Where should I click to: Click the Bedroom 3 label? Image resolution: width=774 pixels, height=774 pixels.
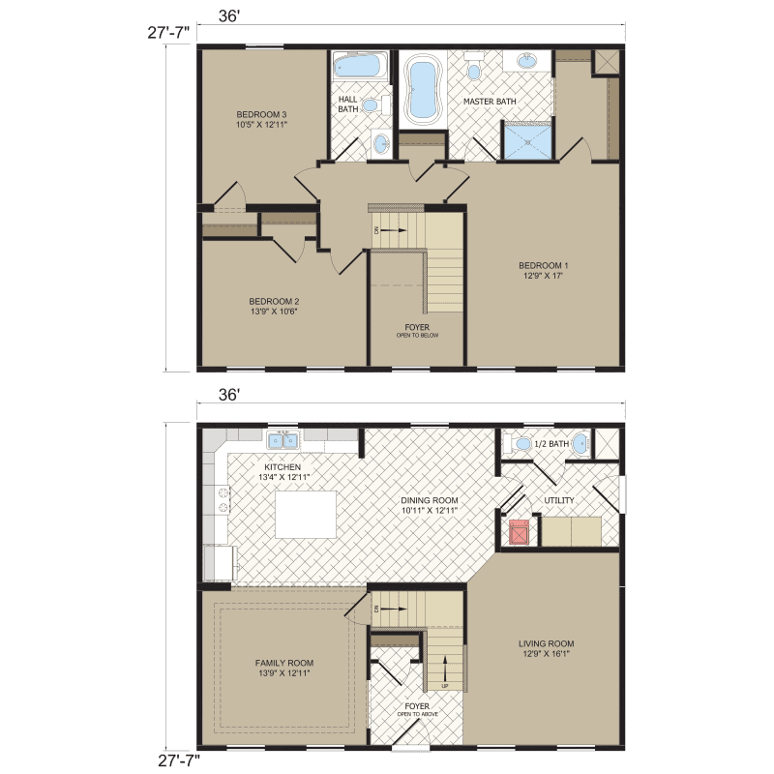[261, 115]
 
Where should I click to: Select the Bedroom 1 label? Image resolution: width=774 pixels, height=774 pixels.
[543, 265]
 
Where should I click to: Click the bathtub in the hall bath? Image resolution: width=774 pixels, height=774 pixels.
[357, 67]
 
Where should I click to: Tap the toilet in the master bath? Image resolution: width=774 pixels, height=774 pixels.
[473, 68]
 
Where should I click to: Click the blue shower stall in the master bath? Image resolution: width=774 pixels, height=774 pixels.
[528, 142]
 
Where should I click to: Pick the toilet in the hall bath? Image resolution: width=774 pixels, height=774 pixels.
[381, 144]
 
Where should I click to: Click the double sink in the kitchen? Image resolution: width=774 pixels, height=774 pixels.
[283, 441]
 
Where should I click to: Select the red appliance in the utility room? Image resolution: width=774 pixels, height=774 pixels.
[520, 530]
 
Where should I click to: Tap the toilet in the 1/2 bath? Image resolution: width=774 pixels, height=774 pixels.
[520, 444]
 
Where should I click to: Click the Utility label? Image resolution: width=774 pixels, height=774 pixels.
[559, 500]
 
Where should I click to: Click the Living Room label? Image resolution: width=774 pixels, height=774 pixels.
[547, 643]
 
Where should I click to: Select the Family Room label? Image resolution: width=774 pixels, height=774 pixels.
[283, 663]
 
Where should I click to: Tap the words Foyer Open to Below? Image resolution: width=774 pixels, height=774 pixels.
[417, 331]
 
